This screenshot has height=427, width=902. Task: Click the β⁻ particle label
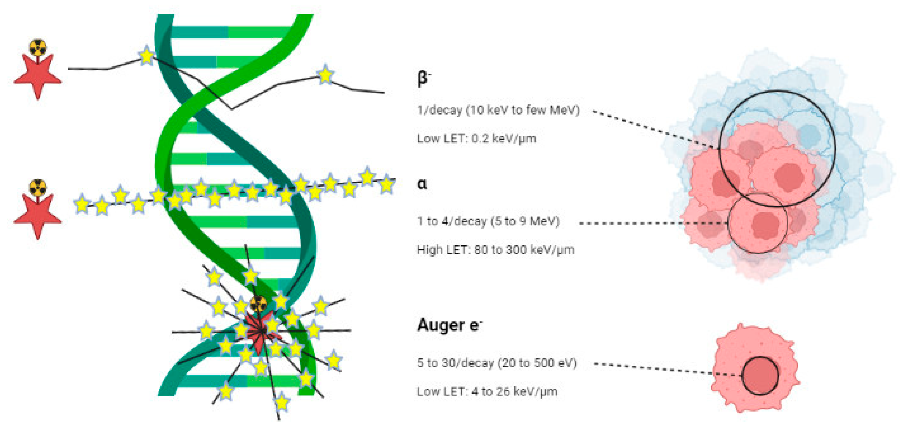423,78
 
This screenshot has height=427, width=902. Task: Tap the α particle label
422,184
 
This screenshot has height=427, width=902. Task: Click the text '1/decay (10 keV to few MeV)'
498,110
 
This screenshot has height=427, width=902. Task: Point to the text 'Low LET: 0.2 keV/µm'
476,138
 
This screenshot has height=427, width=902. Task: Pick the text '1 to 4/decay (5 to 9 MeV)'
488,221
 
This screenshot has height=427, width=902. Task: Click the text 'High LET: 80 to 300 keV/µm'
495,250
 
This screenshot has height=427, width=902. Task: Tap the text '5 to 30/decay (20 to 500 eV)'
496,363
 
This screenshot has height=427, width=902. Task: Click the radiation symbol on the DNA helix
258,304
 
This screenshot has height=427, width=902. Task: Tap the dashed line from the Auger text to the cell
665,369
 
